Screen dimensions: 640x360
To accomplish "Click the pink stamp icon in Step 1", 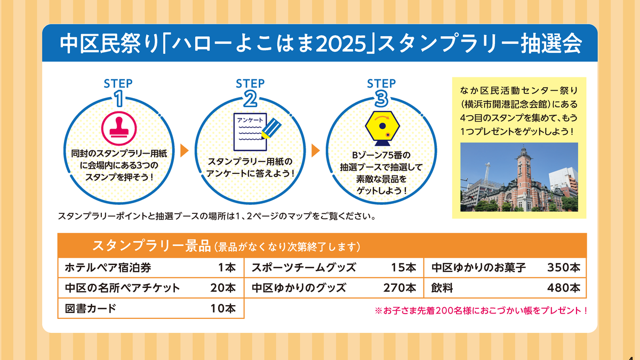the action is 119,129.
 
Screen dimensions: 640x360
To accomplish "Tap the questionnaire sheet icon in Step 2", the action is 250,132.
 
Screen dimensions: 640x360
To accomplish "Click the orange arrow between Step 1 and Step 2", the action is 185,150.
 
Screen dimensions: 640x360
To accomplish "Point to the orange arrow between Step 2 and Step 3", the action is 315,150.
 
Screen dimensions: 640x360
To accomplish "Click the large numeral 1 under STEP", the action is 119,99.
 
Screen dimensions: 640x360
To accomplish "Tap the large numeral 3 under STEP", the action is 381,99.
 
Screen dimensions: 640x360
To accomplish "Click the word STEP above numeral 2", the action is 250,83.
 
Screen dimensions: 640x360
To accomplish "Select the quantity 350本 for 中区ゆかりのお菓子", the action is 564,268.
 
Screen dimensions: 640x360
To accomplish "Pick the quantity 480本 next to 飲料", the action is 564,288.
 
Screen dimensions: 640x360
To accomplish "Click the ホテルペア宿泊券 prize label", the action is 108,268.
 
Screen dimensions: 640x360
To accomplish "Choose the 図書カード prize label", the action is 91,309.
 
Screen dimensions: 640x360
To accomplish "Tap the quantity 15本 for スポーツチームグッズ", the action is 403,268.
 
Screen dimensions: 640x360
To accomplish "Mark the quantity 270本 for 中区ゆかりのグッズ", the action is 399,288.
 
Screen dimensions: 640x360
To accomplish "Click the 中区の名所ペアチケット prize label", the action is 122,288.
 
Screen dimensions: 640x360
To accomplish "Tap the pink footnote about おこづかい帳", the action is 481,310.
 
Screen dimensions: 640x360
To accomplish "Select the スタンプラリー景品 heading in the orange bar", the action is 151,246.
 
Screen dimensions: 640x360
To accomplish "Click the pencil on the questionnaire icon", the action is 271,129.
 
